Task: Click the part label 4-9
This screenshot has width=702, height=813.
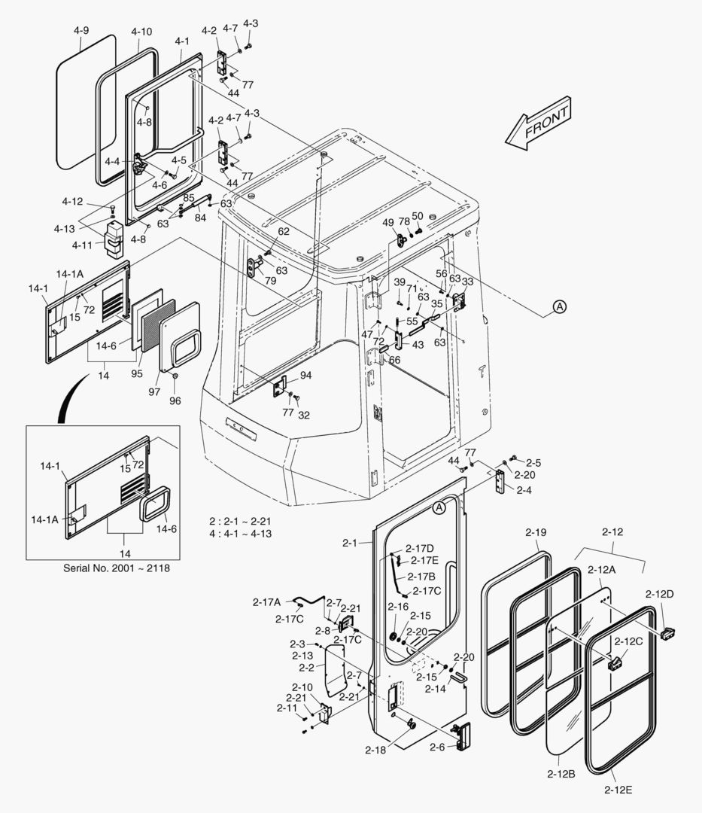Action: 81,31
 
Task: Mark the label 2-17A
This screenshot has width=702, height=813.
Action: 267,601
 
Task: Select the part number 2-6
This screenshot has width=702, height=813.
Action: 438,748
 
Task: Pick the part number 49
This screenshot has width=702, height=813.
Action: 388,222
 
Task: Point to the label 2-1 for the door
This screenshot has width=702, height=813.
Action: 351,542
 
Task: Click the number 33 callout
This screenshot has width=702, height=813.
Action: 467,282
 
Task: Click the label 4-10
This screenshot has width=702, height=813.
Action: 141,32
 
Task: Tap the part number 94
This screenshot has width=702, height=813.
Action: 305,375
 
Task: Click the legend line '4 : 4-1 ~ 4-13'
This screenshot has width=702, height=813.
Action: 240,534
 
